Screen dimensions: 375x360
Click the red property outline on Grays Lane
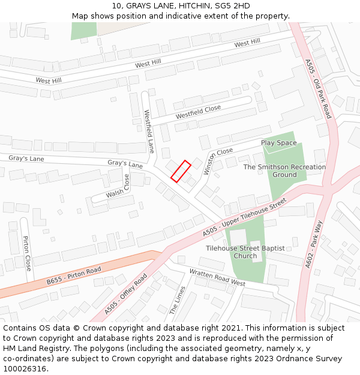coord(181,170)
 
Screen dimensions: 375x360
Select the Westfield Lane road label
coord(149,131)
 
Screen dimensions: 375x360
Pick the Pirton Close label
coord(27,253)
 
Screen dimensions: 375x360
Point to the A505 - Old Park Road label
coord(318,88)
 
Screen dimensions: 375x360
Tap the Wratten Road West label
coord(217,277)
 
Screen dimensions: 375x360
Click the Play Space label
coord(278,143)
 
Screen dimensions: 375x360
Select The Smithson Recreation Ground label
coord(284,171)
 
